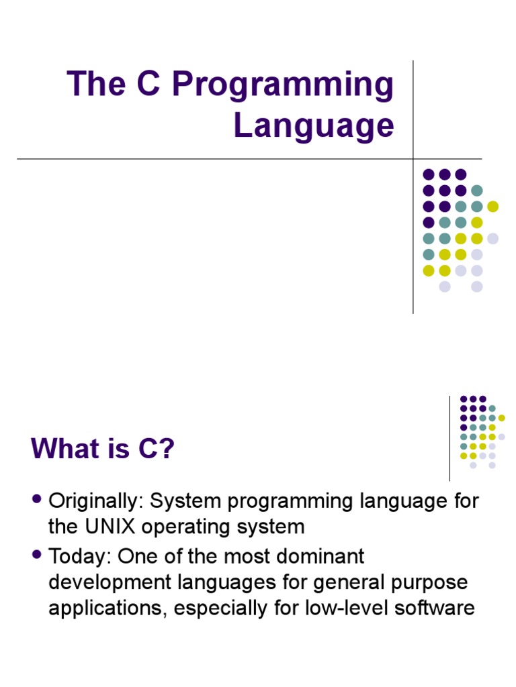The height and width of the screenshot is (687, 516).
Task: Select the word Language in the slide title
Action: (314, 125)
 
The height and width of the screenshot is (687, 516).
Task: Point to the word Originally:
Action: (96, 502)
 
